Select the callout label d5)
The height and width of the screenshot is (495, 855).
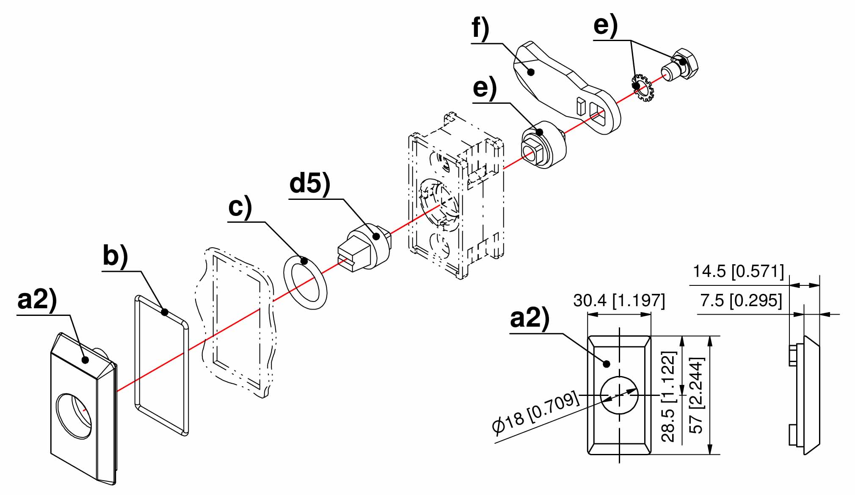(x=309, y=185)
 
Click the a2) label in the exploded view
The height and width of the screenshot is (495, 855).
(x=37, y=300)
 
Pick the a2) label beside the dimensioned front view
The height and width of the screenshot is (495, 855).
(x=530, y=318)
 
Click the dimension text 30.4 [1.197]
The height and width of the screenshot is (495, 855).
(x=619, y=300)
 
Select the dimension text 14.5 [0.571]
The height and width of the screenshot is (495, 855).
(x=738, y=271)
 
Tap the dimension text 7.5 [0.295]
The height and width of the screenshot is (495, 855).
(x=741, y=300)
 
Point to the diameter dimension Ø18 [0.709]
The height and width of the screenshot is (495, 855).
(x=535, y=413)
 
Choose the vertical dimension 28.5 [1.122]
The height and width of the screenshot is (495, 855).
(x=668, y=396)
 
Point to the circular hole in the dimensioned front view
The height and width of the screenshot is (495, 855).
(x=619, y=395)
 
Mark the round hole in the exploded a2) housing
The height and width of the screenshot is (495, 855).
(x=74, y=416)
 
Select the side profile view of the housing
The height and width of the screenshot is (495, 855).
(x=804, y=395)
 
